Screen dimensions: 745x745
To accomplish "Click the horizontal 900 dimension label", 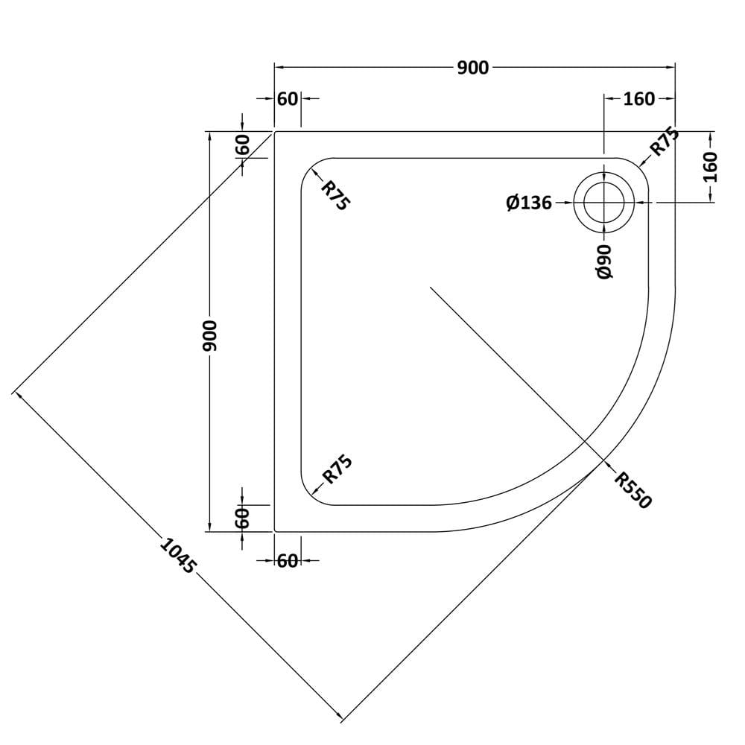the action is [473, 68].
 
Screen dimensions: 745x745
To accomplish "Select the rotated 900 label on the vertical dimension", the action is [209, 335].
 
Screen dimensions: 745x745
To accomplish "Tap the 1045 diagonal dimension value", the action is [178, 555].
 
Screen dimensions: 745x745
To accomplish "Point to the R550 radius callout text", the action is [633, 490].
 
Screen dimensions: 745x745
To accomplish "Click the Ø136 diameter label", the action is [529, 203].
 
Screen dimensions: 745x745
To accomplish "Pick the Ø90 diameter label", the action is [604, 261].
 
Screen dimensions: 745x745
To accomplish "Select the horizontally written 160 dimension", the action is [639, 99].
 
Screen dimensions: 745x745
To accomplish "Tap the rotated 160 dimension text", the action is [710, 167].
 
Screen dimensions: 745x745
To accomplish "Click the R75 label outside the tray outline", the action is [665, 141].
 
